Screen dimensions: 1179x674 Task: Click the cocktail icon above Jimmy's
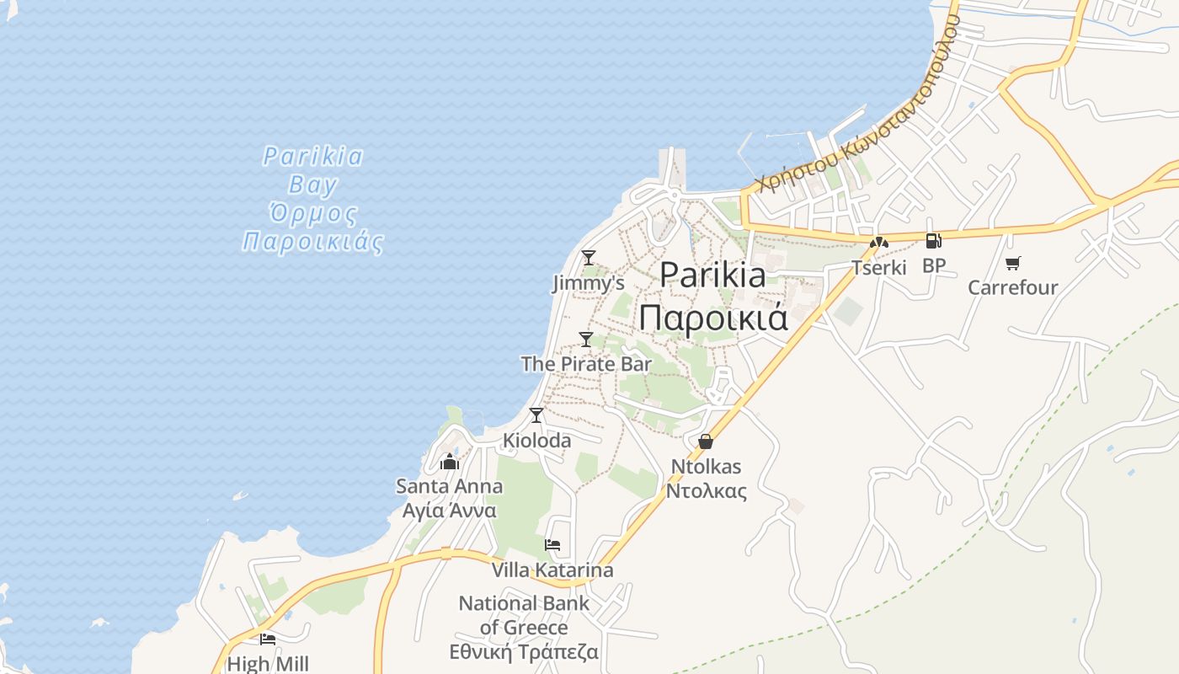[589, 257]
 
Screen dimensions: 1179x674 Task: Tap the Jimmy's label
[589, 283]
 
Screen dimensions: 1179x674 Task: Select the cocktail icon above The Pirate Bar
[586, 339]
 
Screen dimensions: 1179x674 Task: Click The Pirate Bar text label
[586, 364]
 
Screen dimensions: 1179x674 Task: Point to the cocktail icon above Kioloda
[536, 415]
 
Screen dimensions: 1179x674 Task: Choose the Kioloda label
[536, 440]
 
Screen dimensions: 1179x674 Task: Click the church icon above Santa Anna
[450, 462]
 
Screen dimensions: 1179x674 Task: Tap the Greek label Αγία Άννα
[450, 511]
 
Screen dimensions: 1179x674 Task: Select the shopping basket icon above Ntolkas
[706, 441]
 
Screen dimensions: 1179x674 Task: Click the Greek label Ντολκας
[706, 491]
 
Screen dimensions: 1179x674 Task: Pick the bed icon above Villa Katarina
[552, 544]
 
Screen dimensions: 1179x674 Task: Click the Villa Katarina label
[552, 570]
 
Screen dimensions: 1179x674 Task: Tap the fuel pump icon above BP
[933, 241]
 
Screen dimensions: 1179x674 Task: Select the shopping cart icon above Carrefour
[1012, 263]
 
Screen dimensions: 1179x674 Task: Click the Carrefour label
[1012, 287]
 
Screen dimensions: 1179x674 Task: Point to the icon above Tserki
[879, 243]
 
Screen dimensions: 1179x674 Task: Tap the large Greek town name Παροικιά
[712, 318]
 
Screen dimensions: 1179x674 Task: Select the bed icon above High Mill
[268, 639]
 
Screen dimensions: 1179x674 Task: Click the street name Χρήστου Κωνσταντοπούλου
[859, 101]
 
